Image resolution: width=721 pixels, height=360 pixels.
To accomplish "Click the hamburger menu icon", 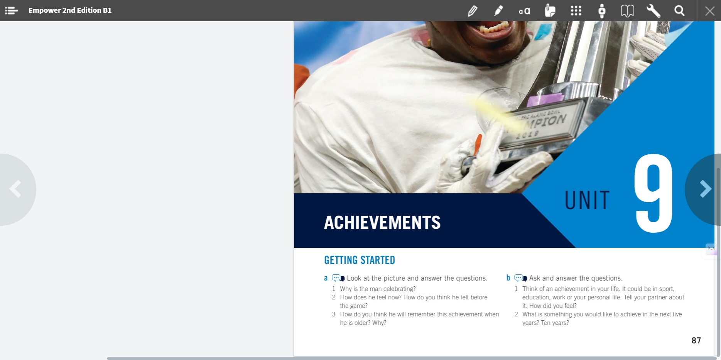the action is [11, 10].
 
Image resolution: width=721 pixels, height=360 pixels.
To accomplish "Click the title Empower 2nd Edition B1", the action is [70, 10].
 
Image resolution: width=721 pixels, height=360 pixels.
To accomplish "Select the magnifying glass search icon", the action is [679, 11].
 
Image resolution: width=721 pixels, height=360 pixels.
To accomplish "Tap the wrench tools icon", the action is [653, 11].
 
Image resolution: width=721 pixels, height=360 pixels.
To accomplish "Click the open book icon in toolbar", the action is [627, 11].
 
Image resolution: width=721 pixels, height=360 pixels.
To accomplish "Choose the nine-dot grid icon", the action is [576, 11].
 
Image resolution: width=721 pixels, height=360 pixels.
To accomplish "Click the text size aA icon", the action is [524, 11].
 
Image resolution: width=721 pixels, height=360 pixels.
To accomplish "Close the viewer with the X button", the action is [709, 11].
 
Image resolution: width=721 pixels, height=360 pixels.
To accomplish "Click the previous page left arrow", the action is [15, 189].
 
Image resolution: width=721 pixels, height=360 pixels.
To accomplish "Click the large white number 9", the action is [653, 193].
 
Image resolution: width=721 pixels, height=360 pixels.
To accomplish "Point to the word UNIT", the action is [587, 200].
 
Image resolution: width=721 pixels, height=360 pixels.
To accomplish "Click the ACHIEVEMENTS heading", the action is [382, 223].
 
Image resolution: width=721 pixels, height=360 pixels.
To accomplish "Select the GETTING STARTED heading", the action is [360, 260].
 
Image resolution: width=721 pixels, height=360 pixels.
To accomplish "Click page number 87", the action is [696, 340].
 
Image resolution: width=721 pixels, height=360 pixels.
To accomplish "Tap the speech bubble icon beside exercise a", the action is [338, 278].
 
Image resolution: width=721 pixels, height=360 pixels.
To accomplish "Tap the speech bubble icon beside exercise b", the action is [521, 278].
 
